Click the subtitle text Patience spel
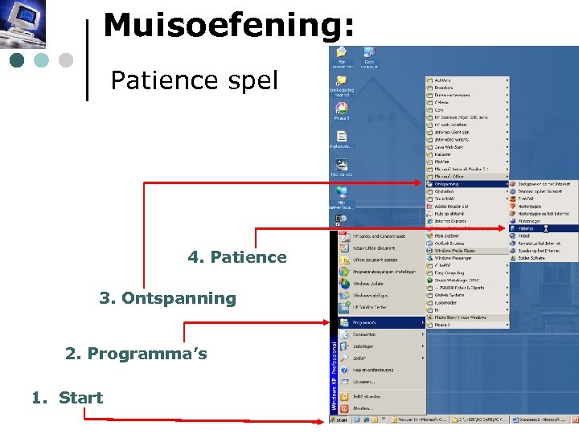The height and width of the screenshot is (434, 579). click(194, 80)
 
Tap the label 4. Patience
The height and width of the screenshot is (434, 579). click(236, 257)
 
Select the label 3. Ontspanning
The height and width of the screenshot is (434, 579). click(167, 298)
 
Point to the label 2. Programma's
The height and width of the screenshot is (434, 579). click(136, 354)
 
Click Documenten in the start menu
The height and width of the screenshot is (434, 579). click(365, 334)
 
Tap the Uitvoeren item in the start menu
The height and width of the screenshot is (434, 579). click(367, 382)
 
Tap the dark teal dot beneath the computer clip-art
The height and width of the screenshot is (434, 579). click(17, 60)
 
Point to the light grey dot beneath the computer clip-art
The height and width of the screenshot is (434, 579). click(65, 60)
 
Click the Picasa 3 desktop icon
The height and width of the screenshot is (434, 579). click(342, 111)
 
